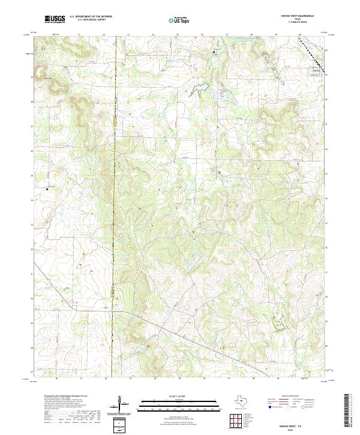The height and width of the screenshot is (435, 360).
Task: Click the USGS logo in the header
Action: [x=55, y=19]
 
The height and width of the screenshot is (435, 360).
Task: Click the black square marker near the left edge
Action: [x=47, y=189]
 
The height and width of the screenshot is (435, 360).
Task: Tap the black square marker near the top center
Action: [x=215, y=53]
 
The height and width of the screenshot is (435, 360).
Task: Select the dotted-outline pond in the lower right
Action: [x=279, y=325]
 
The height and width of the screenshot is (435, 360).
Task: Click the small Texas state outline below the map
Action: [x=241, y=402]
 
